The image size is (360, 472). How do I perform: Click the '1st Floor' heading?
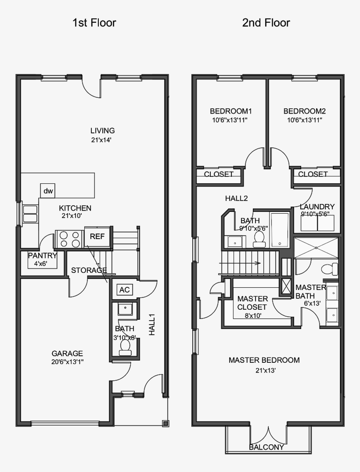(94, 23)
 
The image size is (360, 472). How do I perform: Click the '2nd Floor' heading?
(266, 23)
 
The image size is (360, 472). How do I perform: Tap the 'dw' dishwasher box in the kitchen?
(48, 191)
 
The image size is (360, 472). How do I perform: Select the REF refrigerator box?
(97, 236)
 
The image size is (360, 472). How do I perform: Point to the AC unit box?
(124, 290)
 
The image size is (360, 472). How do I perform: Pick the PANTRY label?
(43, 255)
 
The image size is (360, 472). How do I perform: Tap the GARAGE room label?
(67, 353)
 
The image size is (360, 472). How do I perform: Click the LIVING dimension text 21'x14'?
(102, 140)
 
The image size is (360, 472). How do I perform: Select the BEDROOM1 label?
(231, 111)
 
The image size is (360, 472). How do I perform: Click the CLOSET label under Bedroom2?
(313, 174)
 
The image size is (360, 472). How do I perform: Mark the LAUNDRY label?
(317, 207)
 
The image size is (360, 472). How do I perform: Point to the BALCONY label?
(266, 447)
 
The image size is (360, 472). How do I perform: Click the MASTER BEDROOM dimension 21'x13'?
(264, 371)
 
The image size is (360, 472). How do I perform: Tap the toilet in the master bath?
(330, 268)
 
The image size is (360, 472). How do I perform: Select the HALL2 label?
(237, 198)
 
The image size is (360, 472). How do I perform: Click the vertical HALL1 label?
(152, 325)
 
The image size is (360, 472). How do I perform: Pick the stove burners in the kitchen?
(70, 239)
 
